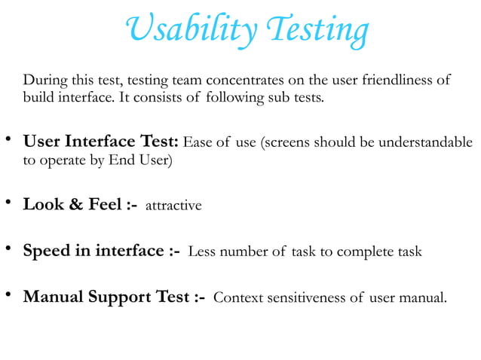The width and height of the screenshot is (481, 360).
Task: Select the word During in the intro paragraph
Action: pyautogui.click(x=46, y=81)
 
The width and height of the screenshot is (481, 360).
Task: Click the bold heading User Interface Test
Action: pyautogui.click(x=102, y=142)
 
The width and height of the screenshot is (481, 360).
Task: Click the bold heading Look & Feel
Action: pyautogui.click(x=81, y=204)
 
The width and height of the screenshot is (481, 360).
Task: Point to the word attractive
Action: pyautogui.click(x=173, y=206)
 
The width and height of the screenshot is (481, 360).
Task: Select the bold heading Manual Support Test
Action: pyautogui.click(x=115, y=296)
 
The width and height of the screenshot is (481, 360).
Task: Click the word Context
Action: pyautogui.click(x=237, y=297)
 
